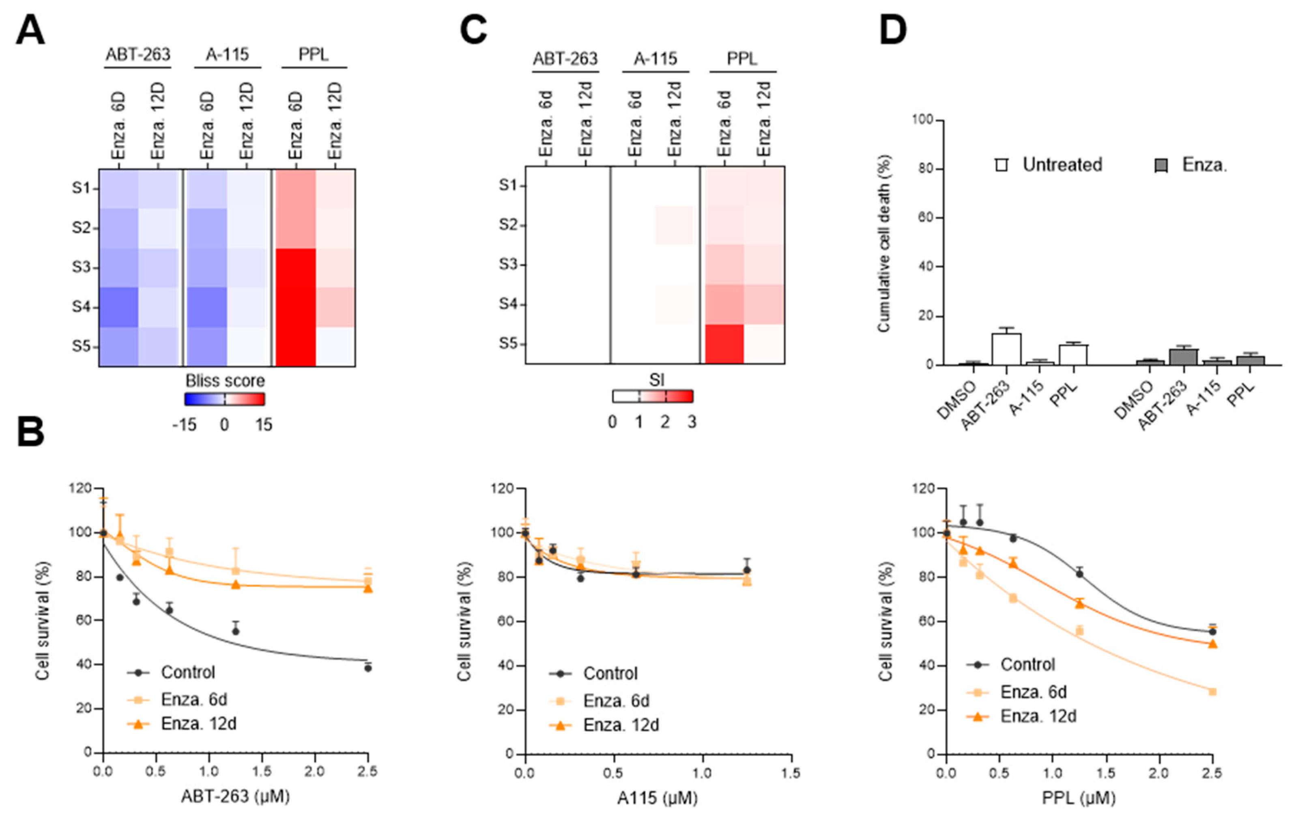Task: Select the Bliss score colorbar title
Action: click(225, 381)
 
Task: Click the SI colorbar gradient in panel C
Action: click(652, 396)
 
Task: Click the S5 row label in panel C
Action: click(508, 343)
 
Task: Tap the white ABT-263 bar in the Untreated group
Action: click(1006, 349)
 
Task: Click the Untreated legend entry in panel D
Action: click(1048, 164)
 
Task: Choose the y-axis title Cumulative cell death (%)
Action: click(884, 243)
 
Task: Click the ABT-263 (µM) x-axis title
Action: click(235, 796)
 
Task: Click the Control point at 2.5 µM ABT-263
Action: click(368, 668)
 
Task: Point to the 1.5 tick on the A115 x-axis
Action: click(791, 773)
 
